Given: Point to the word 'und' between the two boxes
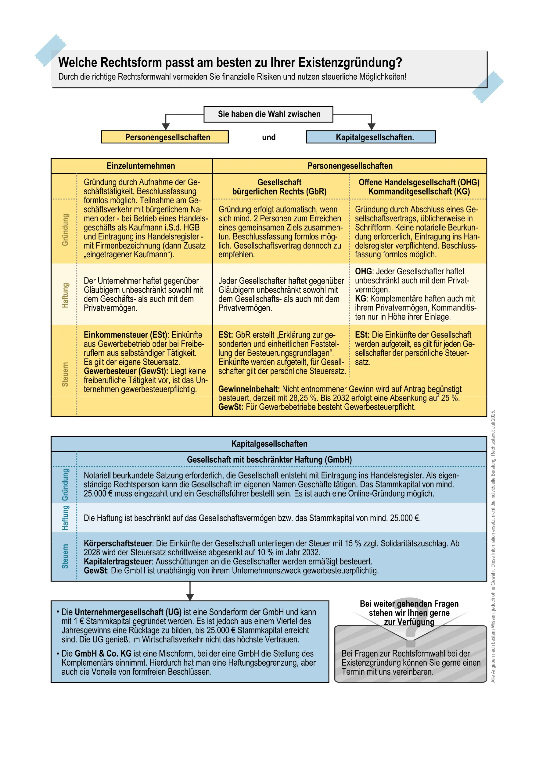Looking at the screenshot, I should (x=269, y=137).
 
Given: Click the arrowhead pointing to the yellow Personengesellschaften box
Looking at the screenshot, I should (x=166, y=126).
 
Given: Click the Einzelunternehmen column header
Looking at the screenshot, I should (x=141, y=166).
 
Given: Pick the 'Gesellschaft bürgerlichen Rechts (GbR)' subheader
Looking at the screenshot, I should (x=279, y=187).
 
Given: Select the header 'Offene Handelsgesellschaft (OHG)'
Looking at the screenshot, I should (x=419, y=182).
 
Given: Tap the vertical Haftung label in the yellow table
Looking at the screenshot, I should (x=65, y=295).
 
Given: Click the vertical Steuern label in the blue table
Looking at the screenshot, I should (x=65, y=556).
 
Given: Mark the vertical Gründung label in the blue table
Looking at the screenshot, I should (x=65, y=485).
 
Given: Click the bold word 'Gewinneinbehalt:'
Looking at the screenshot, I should (x=249, y=389).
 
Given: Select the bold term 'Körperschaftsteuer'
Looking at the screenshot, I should (x=118, y=543).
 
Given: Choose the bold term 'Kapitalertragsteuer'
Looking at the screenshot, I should (x=118, y=561).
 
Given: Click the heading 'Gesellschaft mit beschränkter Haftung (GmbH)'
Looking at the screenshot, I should (x=269, y=460).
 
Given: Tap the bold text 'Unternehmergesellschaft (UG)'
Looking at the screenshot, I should (x=128, y=612).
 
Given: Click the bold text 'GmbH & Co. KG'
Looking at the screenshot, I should (x=103, y=653).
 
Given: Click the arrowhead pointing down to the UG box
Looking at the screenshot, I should (x=190, y=597).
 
